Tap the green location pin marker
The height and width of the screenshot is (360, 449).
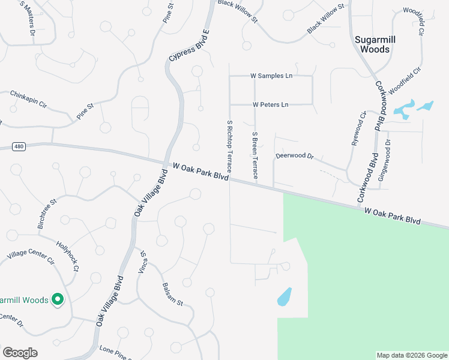(58, 299)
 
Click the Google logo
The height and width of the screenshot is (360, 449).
(20, 353)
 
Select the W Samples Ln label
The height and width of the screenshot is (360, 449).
(271, 76)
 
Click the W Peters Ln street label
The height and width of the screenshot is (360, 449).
(271, 104)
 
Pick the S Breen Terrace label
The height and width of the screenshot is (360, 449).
(255, 155)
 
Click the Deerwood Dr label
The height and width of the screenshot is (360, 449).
(295, 156)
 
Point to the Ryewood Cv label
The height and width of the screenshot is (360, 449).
(358, 128)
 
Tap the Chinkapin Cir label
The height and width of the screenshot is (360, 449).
(28, 99)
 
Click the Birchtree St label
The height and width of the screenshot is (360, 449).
(47, 212)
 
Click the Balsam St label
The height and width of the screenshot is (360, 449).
(172, 295)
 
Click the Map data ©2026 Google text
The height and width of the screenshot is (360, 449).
(411, 355)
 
